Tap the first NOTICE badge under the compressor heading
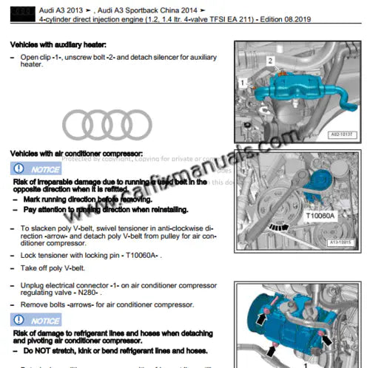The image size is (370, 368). pos(37,168)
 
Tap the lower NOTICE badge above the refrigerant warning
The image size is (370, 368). pos(37,320)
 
